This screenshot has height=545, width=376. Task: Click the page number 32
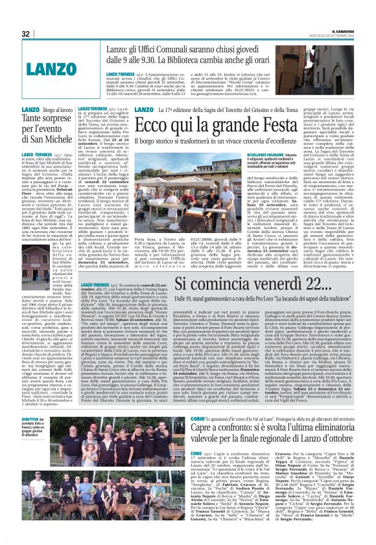click(27, 34)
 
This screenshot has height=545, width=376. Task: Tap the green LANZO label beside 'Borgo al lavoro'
click(49, 111)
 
